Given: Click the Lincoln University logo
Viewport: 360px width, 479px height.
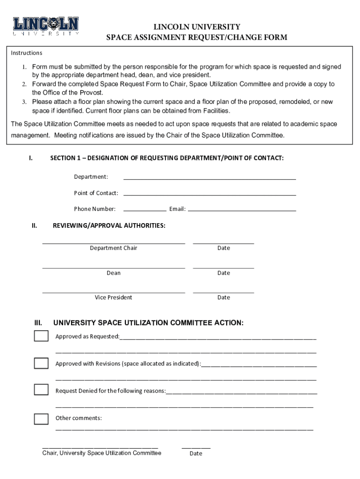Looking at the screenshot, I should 46,26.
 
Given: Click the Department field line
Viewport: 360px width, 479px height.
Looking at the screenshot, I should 209,178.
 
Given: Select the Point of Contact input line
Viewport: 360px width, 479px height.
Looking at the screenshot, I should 209,194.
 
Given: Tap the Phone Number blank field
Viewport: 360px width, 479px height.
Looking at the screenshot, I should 144,210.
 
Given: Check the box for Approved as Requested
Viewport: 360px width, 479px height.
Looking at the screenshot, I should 41,336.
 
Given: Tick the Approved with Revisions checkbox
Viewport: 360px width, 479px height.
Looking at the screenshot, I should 41,363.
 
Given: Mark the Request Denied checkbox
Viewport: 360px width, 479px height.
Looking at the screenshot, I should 41,390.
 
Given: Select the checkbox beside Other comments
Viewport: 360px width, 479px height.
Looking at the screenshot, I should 41,419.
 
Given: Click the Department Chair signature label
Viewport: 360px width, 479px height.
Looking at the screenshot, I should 114,248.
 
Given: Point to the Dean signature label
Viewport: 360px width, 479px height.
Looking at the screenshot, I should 114,273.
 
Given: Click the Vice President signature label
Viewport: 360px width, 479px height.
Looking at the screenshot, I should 114,298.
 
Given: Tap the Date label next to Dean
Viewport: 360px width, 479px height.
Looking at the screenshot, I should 223,273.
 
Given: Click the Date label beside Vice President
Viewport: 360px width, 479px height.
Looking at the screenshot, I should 223,298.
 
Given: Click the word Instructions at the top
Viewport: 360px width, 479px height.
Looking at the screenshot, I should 27,53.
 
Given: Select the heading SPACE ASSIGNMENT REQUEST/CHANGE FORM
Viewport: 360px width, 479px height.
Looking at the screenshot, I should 197,37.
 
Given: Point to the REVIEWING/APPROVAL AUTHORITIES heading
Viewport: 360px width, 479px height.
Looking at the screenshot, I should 109,225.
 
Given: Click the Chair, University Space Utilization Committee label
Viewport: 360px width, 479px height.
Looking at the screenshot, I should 101,453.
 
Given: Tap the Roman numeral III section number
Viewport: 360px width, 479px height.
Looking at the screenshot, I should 38,323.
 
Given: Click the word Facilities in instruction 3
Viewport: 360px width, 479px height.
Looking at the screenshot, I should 216,111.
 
